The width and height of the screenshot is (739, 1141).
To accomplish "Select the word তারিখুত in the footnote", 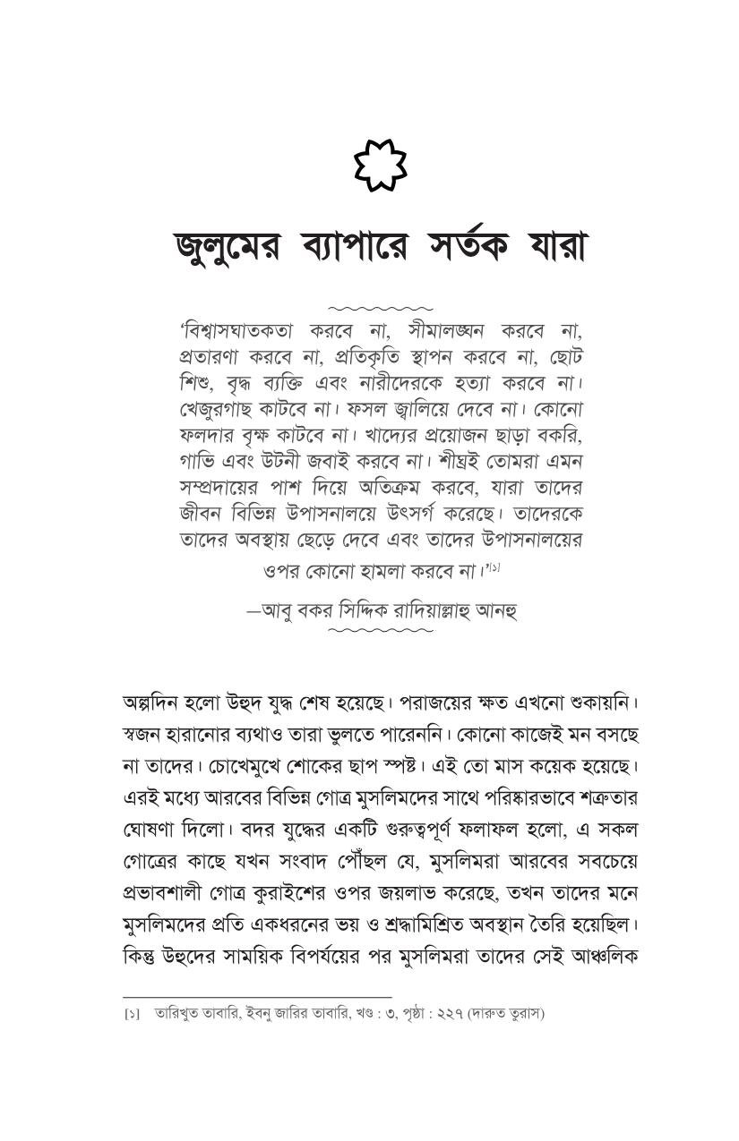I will click(x=176, y=1014).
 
